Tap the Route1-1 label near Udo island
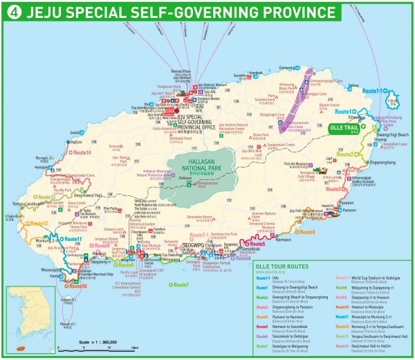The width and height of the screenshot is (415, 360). (373, 91)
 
